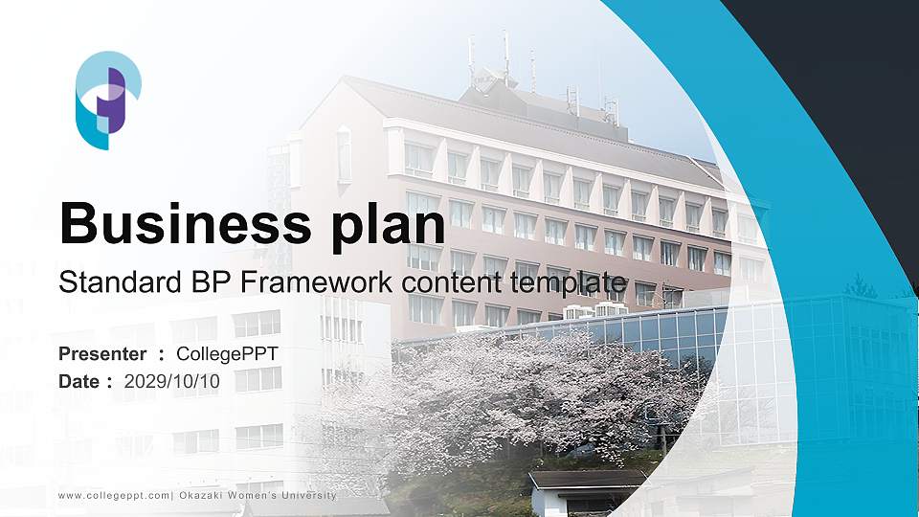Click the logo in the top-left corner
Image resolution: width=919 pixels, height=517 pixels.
click(108, 100)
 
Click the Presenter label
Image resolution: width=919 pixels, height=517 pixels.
click(102, 354)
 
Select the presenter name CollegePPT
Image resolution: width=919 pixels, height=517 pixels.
click(228, 354)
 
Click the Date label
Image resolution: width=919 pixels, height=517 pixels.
click(80, 381)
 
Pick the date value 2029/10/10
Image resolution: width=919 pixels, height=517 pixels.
click(172, 381)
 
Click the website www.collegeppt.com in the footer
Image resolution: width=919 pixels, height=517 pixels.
click(113, 495)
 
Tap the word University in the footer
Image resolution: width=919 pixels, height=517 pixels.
click(308, 495)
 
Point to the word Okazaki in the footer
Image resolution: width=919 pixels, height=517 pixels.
click(200, 495)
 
